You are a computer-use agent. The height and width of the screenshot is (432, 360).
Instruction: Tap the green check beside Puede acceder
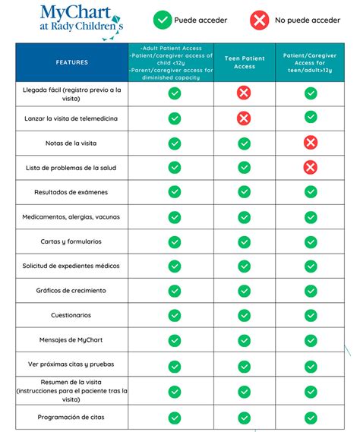click(162, 20)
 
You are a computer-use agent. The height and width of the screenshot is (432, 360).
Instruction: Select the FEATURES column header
click(71, 62)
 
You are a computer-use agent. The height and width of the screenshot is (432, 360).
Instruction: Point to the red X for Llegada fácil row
click(244, 93)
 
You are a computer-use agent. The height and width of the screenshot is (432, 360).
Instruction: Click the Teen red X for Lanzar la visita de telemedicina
click(244, 118)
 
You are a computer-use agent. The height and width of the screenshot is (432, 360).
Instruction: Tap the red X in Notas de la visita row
click(310, 143)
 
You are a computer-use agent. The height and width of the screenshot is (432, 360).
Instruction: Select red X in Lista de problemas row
click(310, 168)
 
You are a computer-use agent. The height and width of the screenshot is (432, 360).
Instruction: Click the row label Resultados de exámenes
click(71, 192)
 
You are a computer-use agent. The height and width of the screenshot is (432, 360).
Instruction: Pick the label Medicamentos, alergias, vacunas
click(71, 217)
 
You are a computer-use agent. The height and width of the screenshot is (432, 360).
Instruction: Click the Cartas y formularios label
click(71, 241)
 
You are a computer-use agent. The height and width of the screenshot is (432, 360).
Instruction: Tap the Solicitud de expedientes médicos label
click(71, 266)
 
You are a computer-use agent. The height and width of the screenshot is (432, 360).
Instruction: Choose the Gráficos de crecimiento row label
click(71, 291)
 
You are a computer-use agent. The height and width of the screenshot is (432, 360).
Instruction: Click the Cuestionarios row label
click(71, 315)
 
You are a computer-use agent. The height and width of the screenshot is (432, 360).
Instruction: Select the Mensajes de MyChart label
click(71, 340)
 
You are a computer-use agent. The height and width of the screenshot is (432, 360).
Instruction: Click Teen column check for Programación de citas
click(244, 418)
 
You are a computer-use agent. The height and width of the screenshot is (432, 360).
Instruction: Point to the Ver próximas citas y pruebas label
click(71, 364)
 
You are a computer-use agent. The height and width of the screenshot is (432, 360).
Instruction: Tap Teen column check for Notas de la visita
click(244, 143)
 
